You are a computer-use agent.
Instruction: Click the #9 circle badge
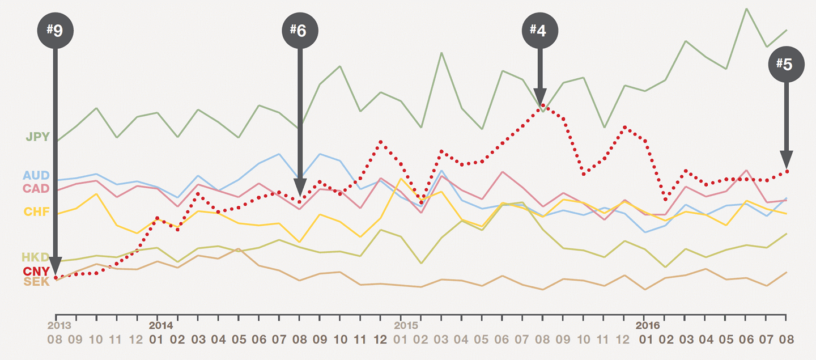[55, 29]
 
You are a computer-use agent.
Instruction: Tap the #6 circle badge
[300, 30]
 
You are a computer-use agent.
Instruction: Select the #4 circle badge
[540, 30]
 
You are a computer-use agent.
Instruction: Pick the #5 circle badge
[786, 65]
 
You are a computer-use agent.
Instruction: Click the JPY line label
[37, 137]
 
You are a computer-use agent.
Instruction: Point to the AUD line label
[36, 176]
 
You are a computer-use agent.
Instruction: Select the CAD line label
[36, 188]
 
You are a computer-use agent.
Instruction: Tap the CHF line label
[36, 212]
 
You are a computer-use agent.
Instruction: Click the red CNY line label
[36, 271]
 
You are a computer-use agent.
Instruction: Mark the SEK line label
[36, 282]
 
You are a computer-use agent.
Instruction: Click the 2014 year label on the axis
[160, 326]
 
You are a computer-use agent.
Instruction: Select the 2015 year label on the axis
[405, 326]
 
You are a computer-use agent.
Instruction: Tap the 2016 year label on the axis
[647, 326]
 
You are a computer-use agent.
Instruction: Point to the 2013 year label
[59, 326]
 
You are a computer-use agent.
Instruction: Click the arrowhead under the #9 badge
[55, 265]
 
